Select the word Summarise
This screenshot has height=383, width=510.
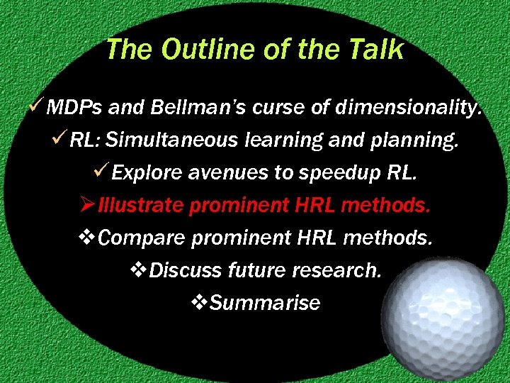(x=266, y=303)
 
